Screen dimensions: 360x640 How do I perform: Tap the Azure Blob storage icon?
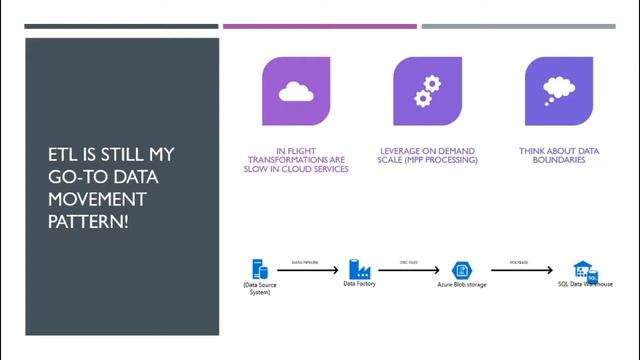[462, 270]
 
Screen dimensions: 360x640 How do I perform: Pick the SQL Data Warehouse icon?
[584, 270]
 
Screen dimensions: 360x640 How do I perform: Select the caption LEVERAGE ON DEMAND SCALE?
[428, 155]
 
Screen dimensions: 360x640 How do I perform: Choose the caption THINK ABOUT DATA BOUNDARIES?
[559, 155]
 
